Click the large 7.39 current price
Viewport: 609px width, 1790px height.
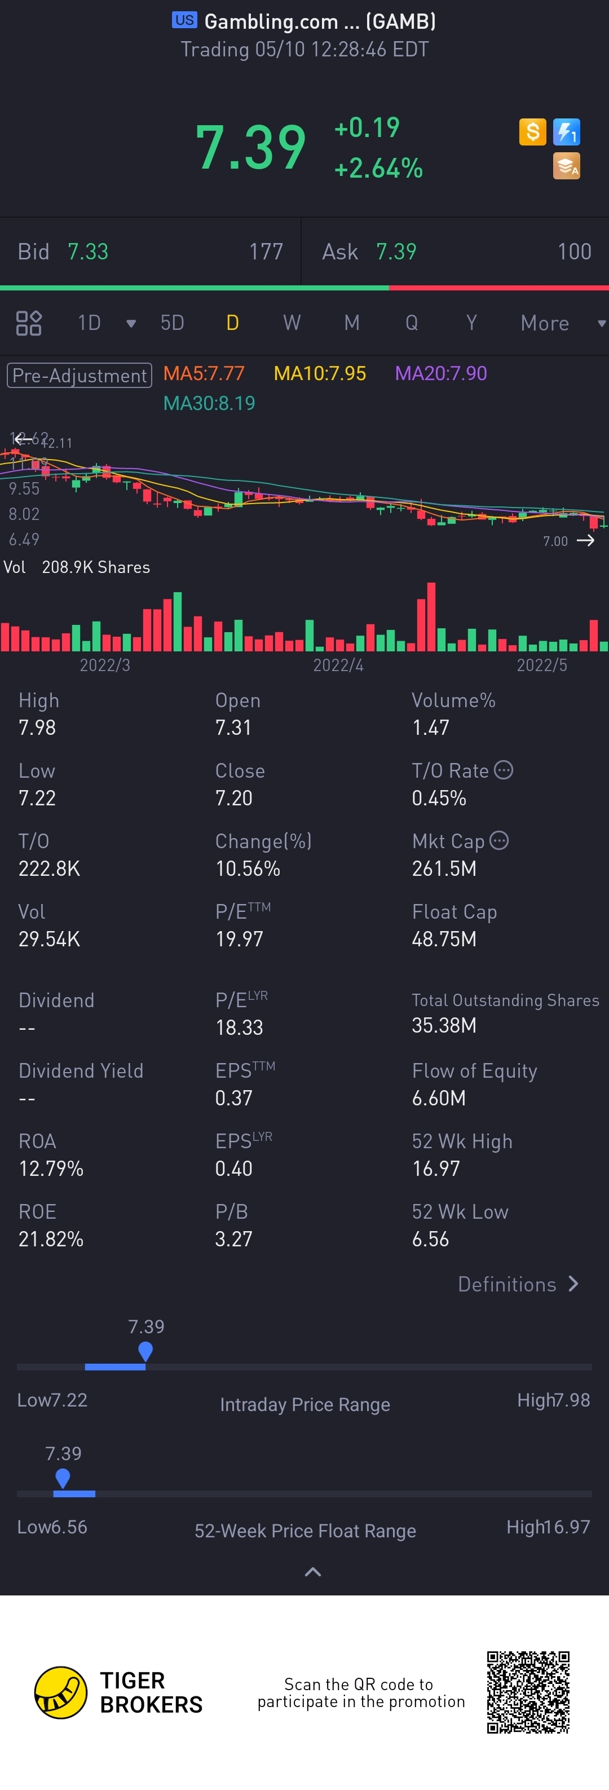click(x=251, y=147)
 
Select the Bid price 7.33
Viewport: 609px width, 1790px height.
click(x=87, y=252)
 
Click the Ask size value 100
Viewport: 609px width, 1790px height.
click(x=573, y=252)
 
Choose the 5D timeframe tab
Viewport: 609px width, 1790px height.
click(x=172, y=323)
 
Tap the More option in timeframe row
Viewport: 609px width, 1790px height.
click(x=545, y=323)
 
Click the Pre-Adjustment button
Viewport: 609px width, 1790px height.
click(x=79, y=375)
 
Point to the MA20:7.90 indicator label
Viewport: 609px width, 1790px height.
click(x=441, y=374)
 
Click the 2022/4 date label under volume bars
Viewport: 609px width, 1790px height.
click(x=338, y=665)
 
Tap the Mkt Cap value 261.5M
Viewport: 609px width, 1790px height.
click(x=444, y=868)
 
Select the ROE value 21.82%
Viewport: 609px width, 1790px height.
click(x=51, y=1239)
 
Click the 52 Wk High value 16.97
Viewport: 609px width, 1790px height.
click(x=435, y=1168)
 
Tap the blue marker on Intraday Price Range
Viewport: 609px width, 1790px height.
click(x=145, y=1351)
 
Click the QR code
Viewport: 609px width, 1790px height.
click(x=528, y=1692)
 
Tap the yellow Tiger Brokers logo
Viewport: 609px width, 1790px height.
click(x=61, y=1692)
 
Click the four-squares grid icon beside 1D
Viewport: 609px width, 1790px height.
click(x=28, y=323)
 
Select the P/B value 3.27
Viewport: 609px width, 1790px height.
click(x=233, y=1239)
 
